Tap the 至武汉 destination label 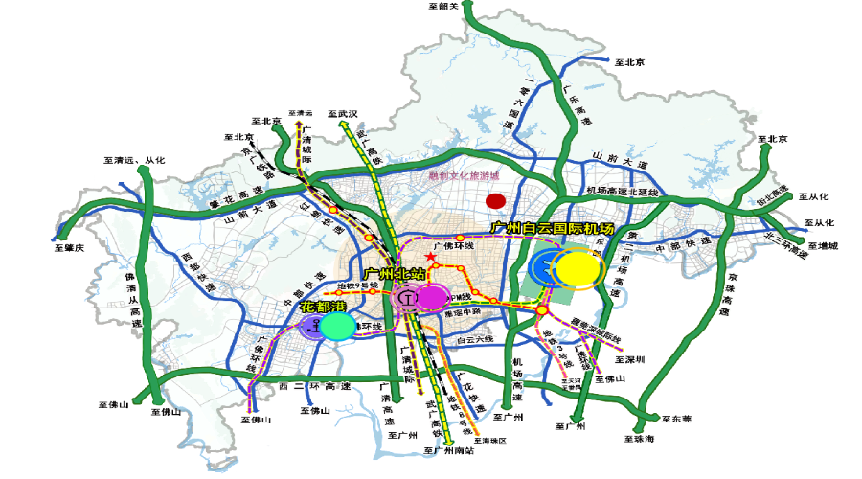(x=342, y=113)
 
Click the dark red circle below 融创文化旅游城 (x=495, y=201)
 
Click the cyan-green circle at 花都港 (x=337, y=328)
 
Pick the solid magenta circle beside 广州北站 (x=432, y=298)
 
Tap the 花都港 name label (x=321, y=308)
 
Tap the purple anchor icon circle (x=312, y=328)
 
